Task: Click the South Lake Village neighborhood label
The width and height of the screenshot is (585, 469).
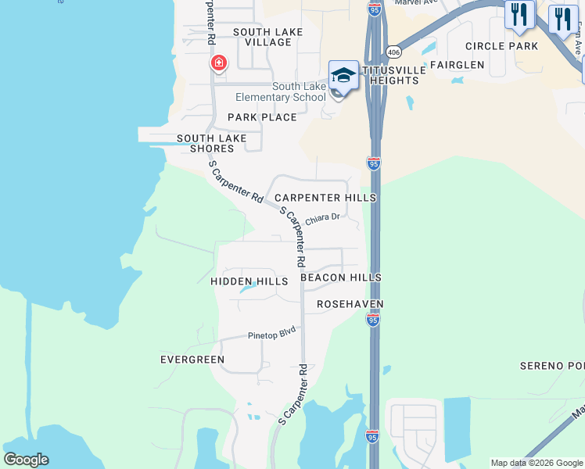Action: pos(262,37)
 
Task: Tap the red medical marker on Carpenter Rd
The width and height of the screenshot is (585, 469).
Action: pos(218,63)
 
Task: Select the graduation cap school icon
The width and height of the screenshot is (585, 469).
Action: pos(343,76)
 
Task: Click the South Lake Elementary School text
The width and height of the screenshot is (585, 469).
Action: pos(280,92)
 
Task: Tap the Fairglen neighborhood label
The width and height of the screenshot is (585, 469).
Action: pos(457,65)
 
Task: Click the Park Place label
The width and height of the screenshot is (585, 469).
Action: pos(262,117)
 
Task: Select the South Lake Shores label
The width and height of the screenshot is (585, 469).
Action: pos(211,143)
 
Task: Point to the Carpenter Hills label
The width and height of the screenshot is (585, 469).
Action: pos(325,198)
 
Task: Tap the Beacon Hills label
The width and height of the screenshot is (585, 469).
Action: pos(340,277)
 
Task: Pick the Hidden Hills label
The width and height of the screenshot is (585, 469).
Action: pos(243,281)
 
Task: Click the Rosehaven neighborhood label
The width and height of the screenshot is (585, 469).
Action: pos(350,303)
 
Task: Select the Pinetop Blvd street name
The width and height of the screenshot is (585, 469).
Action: pos(273,333)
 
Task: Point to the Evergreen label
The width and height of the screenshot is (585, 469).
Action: pos(192,360)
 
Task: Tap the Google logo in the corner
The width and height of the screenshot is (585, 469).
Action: pos(26,460)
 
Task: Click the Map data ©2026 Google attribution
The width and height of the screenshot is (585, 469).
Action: pos(537,463)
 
